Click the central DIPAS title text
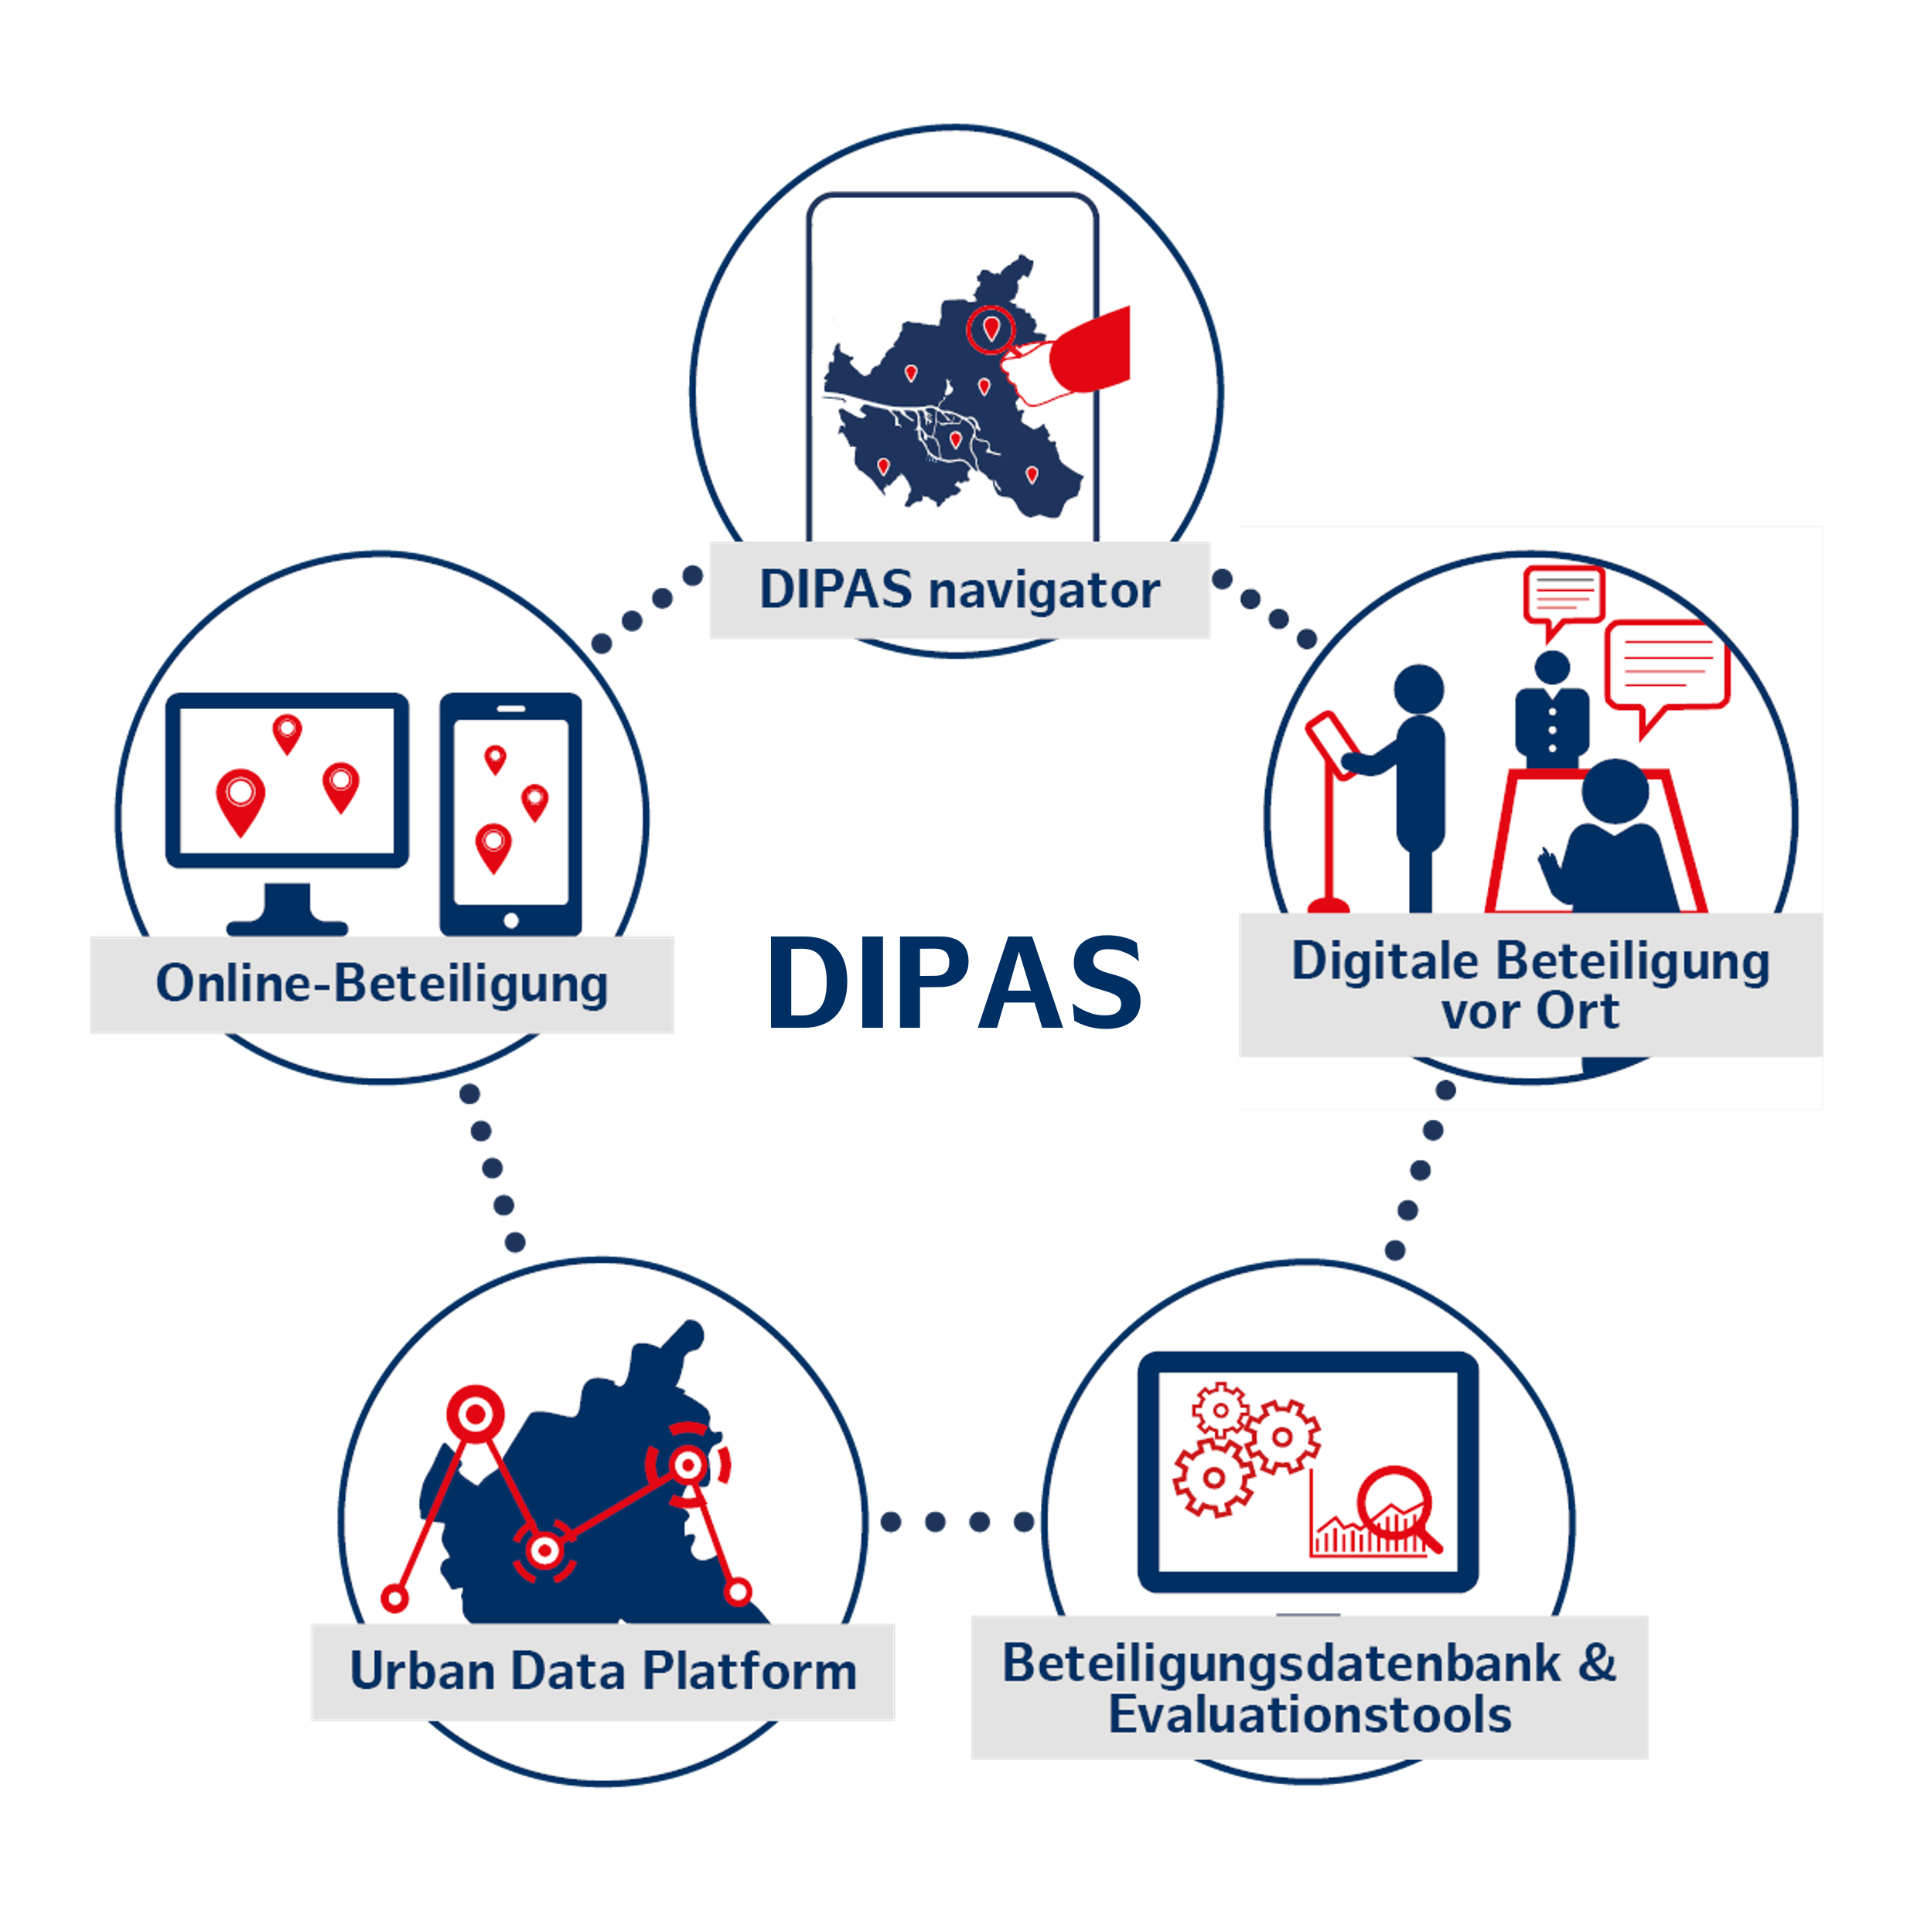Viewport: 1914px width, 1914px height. [x=955, y=983]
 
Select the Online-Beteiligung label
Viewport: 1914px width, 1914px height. [x=382, y=984]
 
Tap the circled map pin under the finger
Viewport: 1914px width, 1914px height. [x=991, y=329]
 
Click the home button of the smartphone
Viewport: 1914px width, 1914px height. [x=511, y=920]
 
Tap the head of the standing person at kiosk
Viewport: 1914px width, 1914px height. [x=1418, y=688]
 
